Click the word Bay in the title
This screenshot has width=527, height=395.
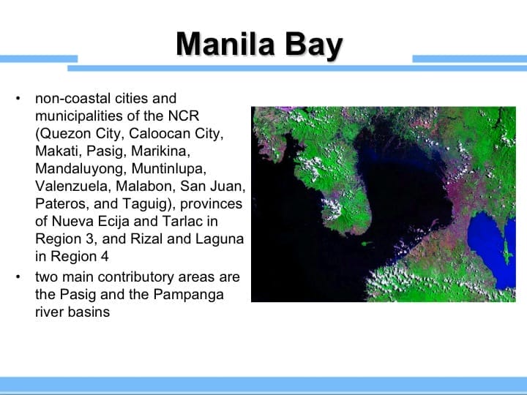click(x=315, y=45)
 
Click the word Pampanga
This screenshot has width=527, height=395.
click(x=196, y=294)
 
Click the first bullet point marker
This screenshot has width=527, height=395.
click(x=18, y=98)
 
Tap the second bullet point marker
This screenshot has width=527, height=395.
click(x=18, y=277)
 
